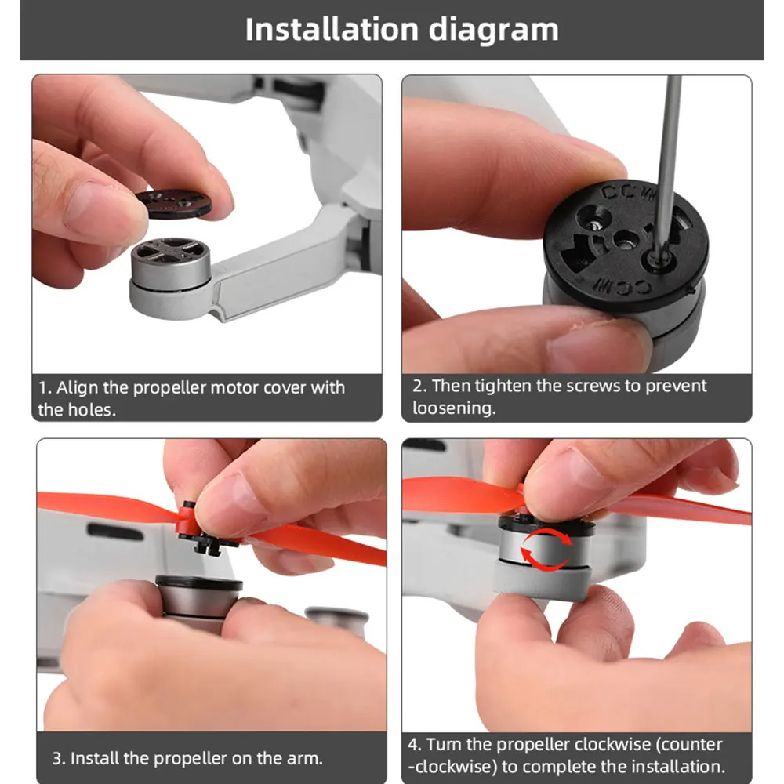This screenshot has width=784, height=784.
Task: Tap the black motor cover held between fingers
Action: (173, 201)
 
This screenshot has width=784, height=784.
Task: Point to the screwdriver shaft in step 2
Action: (669, 165)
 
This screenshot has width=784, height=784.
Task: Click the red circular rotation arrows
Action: (546, 550)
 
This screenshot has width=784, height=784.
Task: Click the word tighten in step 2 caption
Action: (503, 386)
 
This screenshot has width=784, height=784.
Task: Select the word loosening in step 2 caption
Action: (454, 408)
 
